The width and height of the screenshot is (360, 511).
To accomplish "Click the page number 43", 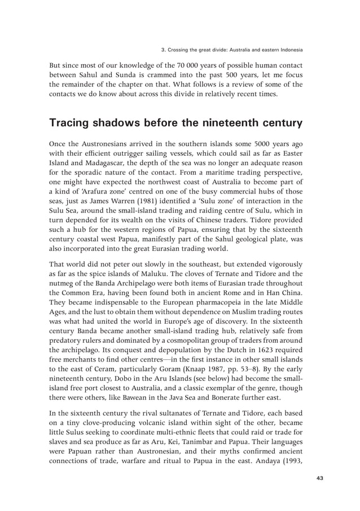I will point(319,478).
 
